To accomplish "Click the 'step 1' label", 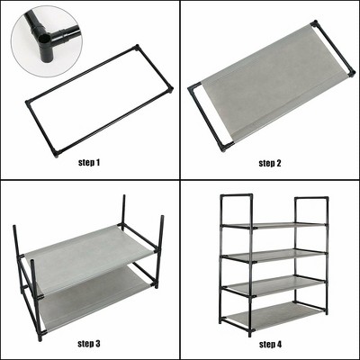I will point(91,163).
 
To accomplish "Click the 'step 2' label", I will point(269,163).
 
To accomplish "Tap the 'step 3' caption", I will point(89,343).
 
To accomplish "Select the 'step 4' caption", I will point(269,343).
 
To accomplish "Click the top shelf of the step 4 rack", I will point(274,225).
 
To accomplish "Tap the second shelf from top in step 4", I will point(274,256).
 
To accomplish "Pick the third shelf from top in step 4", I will point(274,286).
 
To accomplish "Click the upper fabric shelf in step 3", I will point(90,256).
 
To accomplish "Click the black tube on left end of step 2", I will point(207,115).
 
